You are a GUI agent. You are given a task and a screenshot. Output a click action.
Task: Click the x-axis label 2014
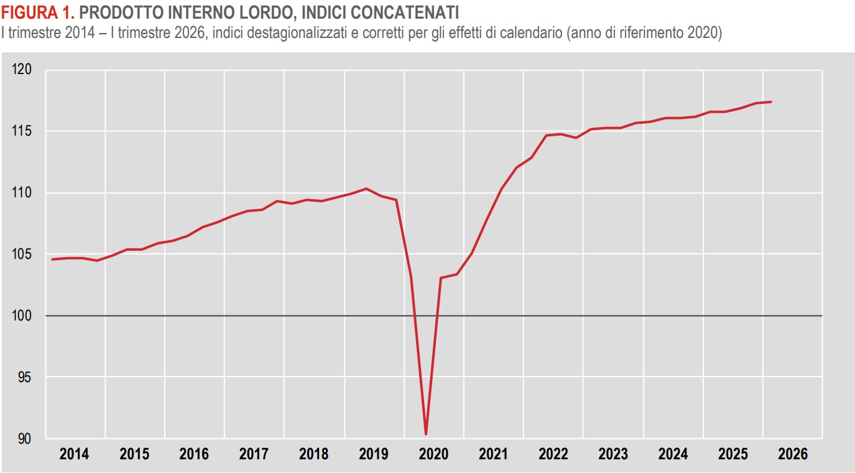(74, 454)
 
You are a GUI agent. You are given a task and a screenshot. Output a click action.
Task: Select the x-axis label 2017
(254, 454)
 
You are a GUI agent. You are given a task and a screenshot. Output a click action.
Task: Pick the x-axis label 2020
(434, 454)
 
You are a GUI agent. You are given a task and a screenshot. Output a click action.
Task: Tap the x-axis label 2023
(613, 454)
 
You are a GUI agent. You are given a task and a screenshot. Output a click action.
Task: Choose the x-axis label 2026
(793, 454)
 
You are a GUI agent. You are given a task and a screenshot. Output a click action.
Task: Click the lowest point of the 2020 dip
(426, 434)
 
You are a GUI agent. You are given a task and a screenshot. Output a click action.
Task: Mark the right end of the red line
(771, 102)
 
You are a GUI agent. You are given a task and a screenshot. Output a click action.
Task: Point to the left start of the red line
(52, 259)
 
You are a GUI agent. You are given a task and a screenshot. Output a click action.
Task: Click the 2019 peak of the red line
(366, 189)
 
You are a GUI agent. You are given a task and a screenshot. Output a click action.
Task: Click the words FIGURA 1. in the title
(39, 12)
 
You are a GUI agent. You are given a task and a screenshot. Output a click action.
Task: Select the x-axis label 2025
(733, 454)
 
